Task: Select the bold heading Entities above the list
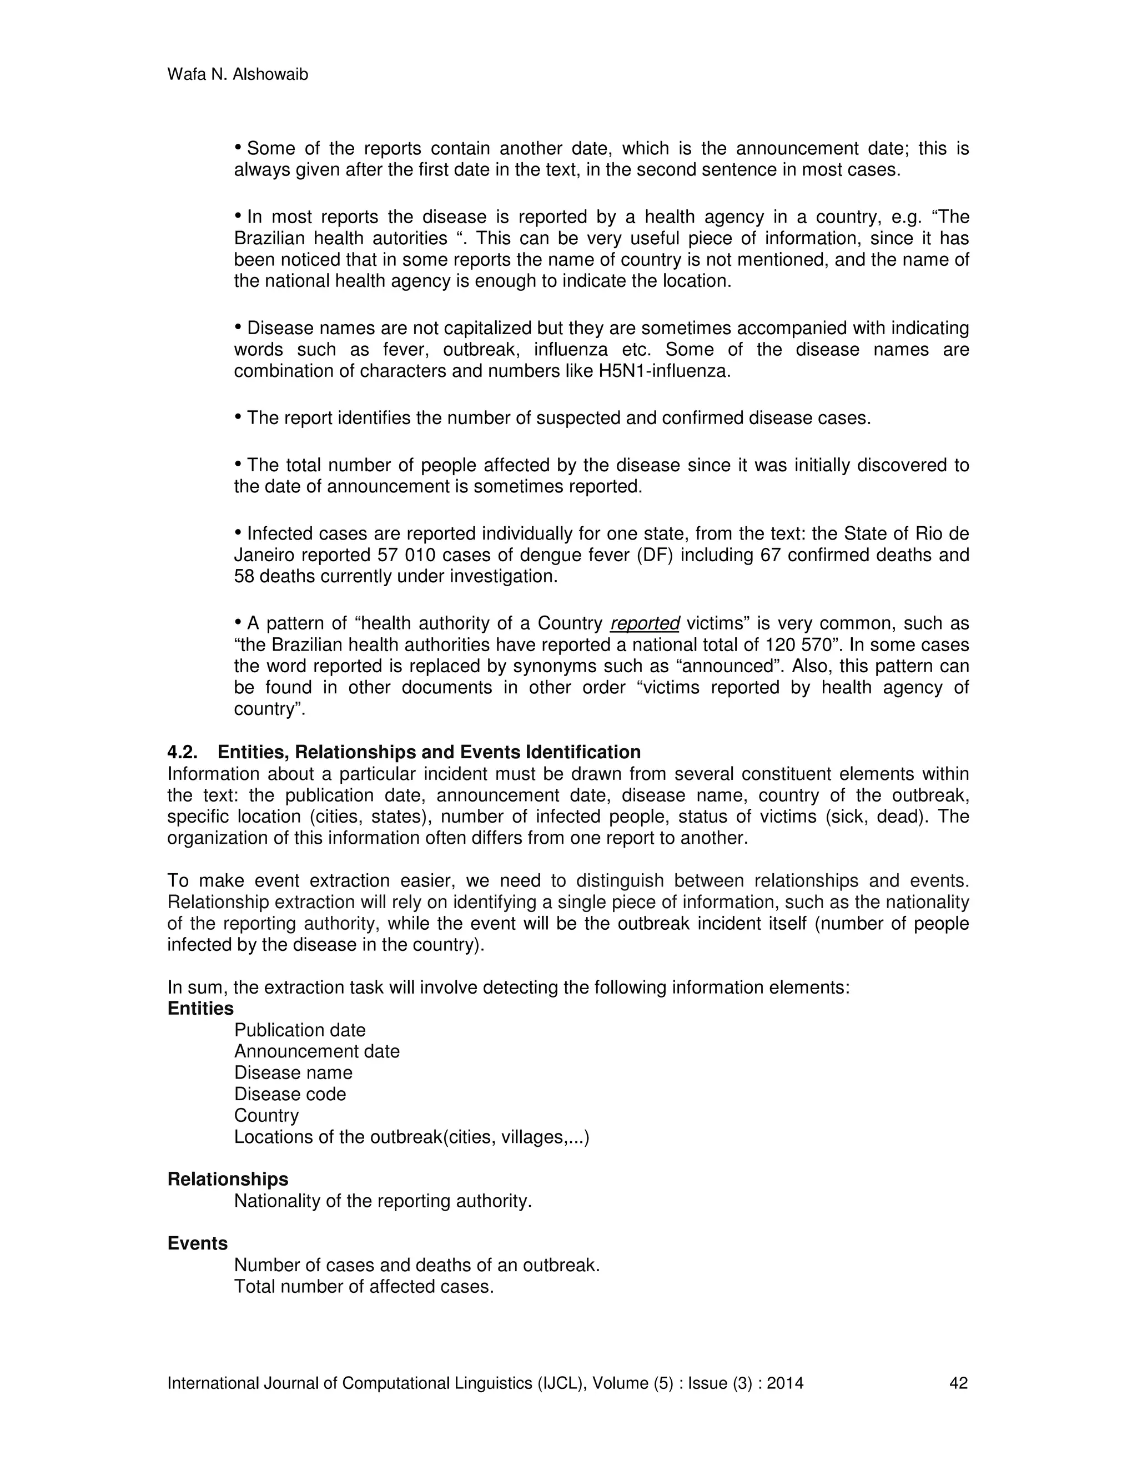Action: point(200,1008)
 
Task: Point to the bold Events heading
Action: point(197,1243)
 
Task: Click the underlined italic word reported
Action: point(645,624)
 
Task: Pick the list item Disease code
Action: point(290,1094)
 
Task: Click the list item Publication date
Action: point(300,1030)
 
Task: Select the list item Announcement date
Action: point(316,1051)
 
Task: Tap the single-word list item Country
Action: point(266,1115)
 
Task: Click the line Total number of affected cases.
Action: point(364,1287)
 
